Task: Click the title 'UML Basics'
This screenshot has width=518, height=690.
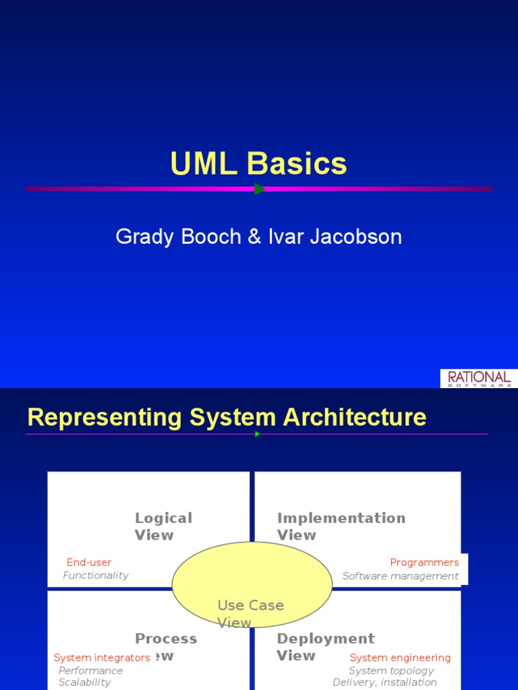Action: click(258, 164)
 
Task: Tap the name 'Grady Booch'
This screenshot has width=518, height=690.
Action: click(179, 237)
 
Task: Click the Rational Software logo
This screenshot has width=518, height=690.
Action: click(479, 378)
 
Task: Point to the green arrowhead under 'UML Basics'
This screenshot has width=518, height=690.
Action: click(260, 189)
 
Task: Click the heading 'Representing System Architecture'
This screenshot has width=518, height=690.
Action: click(227, 417)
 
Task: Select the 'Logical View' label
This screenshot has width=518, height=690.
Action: click(163, 526)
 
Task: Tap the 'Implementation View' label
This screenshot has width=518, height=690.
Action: click(341, 526)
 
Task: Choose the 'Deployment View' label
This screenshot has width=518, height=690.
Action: click(325, 647)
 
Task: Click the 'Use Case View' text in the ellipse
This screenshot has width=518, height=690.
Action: click(250, 613)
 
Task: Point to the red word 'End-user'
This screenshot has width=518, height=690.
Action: click(89, 563)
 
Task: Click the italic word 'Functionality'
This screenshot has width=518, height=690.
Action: click(95, 575)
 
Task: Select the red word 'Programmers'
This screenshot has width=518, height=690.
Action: click(424, 563)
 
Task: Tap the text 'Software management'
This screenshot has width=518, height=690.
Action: click(400, 576)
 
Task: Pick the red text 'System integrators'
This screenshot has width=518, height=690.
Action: click(102, 658)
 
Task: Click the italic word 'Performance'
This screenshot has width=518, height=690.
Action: click(90, 670)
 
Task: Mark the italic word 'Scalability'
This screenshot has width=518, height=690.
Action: click(84, 682)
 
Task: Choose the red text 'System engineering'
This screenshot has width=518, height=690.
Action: click(400, 658)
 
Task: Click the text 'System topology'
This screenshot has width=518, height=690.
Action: click(391, 670)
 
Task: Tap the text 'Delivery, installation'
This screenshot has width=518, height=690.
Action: click(384, 682)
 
